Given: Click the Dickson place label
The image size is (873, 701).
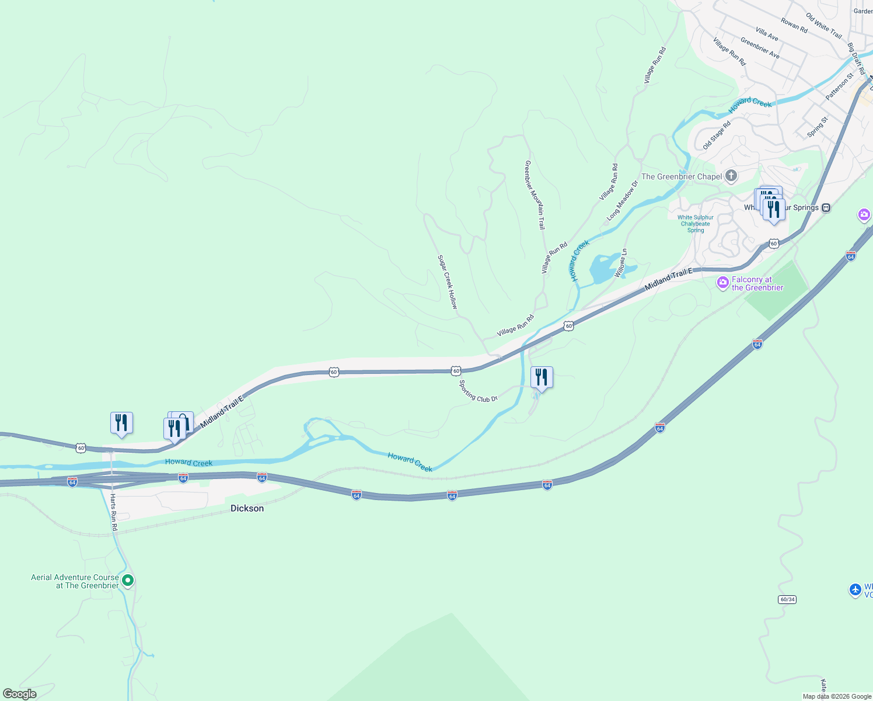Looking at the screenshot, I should click(247, 508).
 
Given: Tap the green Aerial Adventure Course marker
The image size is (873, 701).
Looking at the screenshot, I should click(128, 581).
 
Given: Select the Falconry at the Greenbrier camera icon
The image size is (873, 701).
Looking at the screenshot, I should click(723, 283).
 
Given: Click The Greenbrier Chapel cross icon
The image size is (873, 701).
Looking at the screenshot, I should click(731, 176).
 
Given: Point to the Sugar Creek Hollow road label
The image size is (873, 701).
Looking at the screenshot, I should click(448, 282).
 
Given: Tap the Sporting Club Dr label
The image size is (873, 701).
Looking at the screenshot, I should click(478, 391).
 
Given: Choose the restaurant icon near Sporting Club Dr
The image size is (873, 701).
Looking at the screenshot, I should click(542, 377).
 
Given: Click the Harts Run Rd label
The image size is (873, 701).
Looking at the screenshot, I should click(114, 512).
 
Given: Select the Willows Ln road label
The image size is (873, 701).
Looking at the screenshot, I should click(620, 263).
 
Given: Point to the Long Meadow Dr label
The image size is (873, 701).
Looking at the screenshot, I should click(622, 200).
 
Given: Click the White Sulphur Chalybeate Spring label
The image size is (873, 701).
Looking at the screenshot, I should click(696, 224).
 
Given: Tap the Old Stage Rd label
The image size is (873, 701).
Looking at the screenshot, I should click(717, 136).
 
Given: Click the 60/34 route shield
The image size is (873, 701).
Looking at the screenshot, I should click(787, 599).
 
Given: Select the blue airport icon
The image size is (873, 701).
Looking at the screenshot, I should click(855, 589).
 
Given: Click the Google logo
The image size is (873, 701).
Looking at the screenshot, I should click(20, 694).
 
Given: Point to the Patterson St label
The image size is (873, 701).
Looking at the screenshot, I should click(840, 86).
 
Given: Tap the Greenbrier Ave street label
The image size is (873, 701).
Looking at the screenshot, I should click(760, 48).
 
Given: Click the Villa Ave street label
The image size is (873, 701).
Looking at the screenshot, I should click(767, 34).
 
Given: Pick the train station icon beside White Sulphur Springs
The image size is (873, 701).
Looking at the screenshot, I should click(826, 207).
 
